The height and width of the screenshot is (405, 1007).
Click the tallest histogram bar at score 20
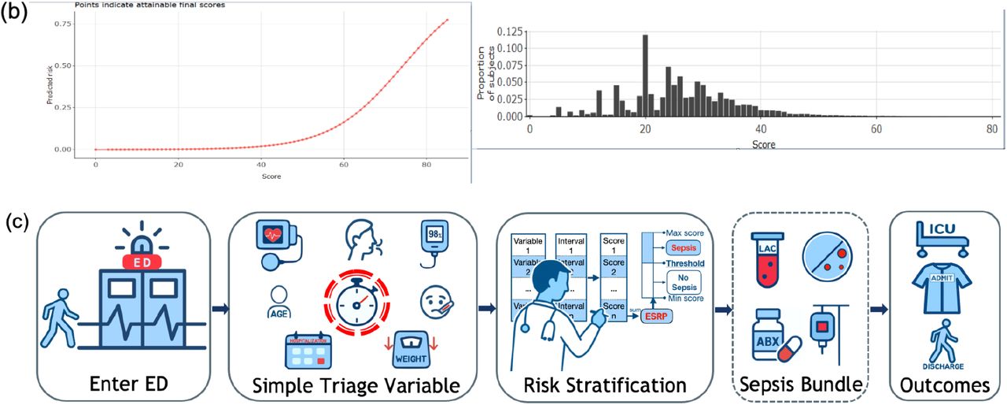[645, 76]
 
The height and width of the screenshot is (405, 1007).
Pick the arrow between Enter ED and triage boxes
[219, 309]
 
